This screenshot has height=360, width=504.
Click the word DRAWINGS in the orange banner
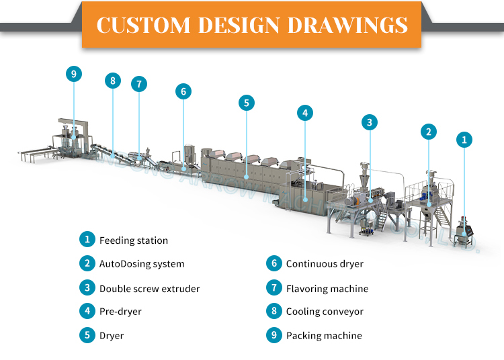coord(348,25)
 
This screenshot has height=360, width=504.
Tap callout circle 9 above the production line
coord(74,74)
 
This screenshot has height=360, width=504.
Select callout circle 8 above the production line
coord(112,81)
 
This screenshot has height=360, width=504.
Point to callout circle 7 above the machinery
coord(139,84)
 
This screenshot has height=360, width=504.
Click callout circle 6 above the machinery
coord(183,91)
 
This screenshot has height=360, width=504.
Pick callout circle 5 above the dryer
coord(247,103)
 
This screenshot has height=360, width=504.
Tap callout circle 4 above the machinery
coord(305,113)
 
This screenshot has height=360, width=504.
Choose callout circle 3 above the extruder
coord(369,122)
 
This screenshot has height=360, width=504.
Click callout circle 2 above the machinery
coord(428,131)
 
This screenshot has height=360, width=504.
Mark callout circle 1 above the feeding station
coord(464,140)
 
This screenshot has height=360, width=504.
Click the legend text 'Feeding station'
coord(134,240)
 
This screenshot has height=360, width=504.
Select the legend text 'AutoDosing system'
coord(142,264)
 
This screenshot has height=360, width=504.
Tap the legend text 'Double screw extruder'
coord(149,289)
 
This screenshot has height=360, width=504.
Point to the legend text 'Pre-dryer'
coord(120,312)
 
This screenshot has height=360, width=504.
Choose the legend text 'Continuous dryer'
coord(325,264)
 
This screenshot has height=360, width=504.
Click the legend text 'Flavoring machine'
coord(327,289)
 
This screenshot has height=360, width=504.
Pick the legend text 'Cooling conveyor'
coord(325,312)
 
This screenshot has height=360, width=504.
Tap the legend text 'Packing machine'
coord(324,335)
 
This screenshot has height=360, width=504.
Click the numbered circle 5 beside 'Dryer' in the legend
coord(87,335)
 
